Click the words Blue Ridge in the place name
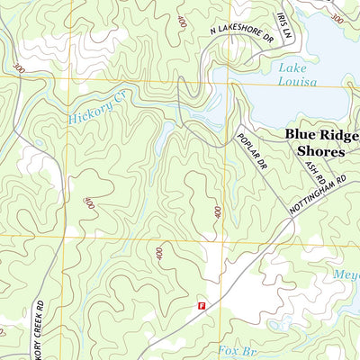[321, 135]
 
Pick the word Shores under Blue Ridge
[321, 151]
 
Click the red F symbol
[202, 306]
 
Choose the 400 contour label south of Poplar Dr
[218, 212]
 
